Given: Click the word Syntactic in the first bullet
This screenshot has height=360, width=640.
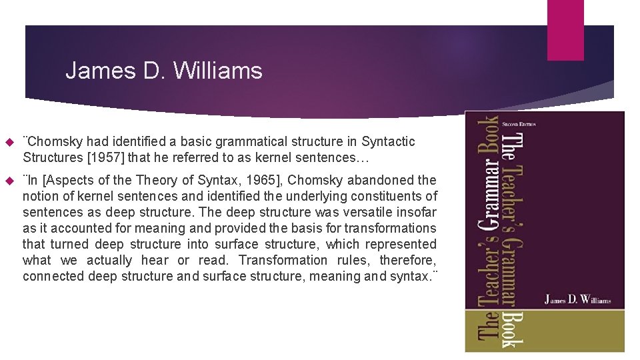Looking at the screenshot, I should (x=388, y=141).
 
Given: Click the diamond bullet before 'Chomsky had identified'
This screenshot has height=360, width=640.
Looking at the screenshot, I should (x=9, y=142).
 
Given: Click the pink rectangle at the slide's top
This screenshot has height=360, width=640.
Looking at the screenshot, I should (x=565, y=29).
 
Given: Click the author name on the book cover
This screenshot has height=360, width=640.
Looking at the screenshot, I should (x=577, y=300).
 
